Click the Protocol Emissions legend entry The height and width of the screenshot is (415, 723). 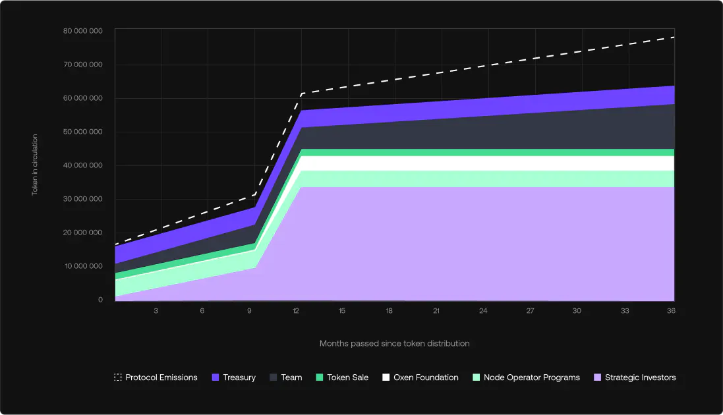coord(156,377)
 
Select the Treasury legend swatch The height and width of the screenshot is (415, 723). coord(216,377)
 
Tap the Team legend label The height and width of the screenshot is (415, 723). coord(291,377)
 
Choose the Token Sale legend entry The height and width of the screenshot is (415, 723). coord(342,377)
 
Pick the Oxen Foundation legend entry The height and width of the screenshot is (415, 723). coord(420,377)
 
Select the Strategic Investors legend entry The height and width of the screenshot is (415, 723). coord(635,377)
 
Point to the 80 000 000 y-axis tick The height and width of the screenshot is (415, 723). coord(82,31)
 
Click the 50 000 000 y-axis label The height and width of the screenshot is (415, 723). coord(82,132)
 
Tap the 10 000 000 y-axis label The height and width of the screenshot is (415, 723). coord(82,266)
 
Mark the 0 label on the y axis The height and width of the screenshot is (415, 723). coord(101,300)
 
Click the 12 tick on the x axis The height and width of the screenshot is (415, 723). coord(295,311)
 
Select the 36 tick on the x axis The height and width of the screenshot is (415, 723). coord(670,311)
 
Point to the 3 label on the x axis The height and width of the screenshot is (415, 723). coord(156,311)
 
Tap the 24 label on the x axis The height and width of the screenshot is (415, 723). coord(483,311)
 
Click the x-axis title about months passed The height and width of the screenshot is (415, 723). coord(394,343)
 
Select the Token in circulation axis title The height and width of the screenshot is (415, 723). coord(35,165)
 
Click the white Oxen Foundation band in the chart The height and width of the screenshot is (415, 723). coord(488,163)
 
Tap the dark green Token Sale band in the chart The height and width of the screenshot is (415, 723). coord(488,152)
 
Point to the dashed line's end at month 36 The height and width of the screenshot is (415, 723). coord(674,38)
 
